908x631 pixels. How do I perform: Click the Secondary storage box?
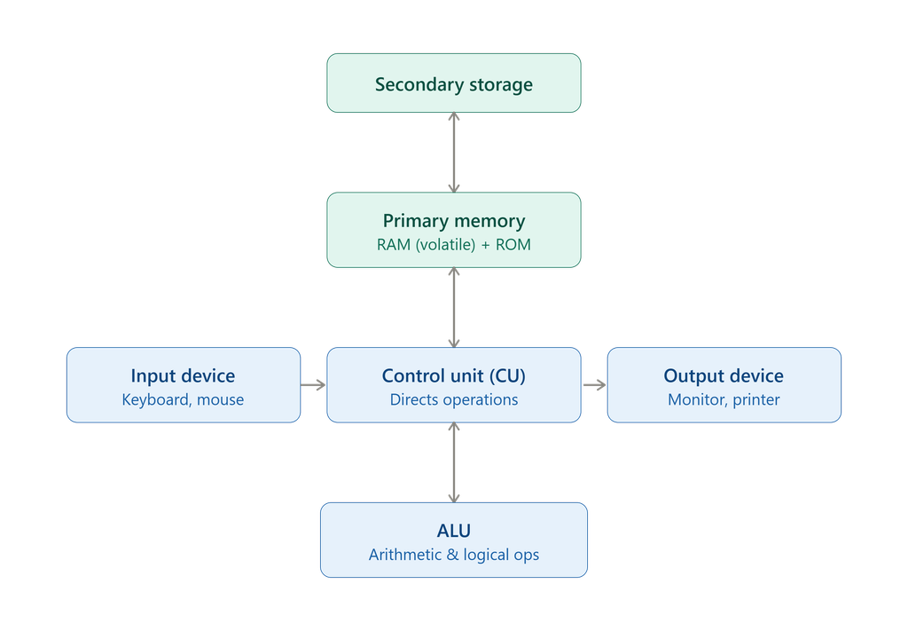coord(453,83)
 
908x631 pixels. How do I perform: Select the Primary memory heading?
coord(453,221)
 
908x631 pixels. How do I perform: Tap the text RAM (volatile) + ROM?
coord(453,245)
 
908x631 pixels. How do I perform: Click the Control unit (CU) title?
coord(453,375)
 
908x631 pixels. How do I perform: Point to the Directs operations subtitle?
coord(453,399)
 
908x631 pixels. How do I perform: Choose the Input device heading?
coord(183,375)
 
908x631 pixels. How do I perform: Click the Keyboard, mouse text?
coord(183,399)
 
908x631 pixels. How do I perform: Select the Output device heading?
coord(724,375)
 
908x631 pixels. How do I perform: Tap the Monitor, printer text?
coord(724,399)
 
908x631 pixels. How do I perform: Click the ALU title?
coord(453,531)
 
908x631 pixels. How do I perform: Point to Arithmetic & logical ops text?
coord(453,555)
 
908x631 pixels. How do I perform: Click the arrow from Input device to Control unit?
coord(313,385)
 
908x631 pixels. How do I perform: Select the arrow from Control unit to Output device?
coord(594,385)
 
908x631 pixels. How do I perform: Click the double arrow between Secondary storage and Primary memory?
coord(454,153)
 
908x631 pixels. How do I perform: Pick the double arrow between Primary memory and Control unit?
coord(454,308)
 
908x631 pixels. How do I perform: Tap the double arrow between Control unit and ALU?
coord(454,462)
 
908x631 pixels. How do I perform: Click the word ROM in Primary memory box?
coord(513,245)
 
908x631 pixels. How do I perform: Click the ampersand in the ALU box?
coord(452,555)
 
